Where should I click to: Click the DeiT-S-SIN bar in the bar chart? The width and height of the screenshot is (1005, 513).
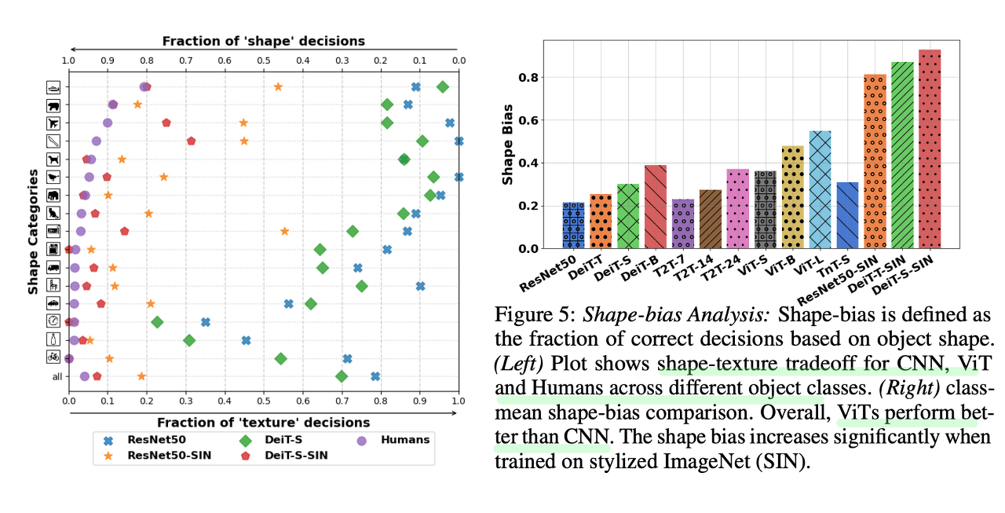coord(929,149)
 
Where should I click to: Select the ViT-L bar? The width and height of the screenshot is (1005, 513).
coord(819,189)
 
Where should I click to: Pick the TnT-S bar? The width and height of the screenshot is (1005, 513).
coord(846,215)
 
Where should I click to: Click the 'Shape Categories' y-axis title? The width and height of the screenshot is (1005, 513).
coord(34,235)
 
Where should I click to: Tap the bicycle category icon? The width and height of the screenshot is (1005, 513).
coord(53,357)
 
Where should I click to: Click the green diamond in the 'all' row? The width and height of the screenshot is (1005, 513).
coord(342,376)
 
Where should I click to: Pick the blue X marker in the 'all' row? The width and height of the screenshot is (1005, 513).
coord(375,376)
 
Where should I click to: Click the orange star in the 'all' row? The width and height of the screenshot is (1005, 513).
coord(141,376)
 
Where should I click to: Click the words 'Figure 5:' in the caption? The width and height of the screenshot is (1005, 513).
coord(531,317)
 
